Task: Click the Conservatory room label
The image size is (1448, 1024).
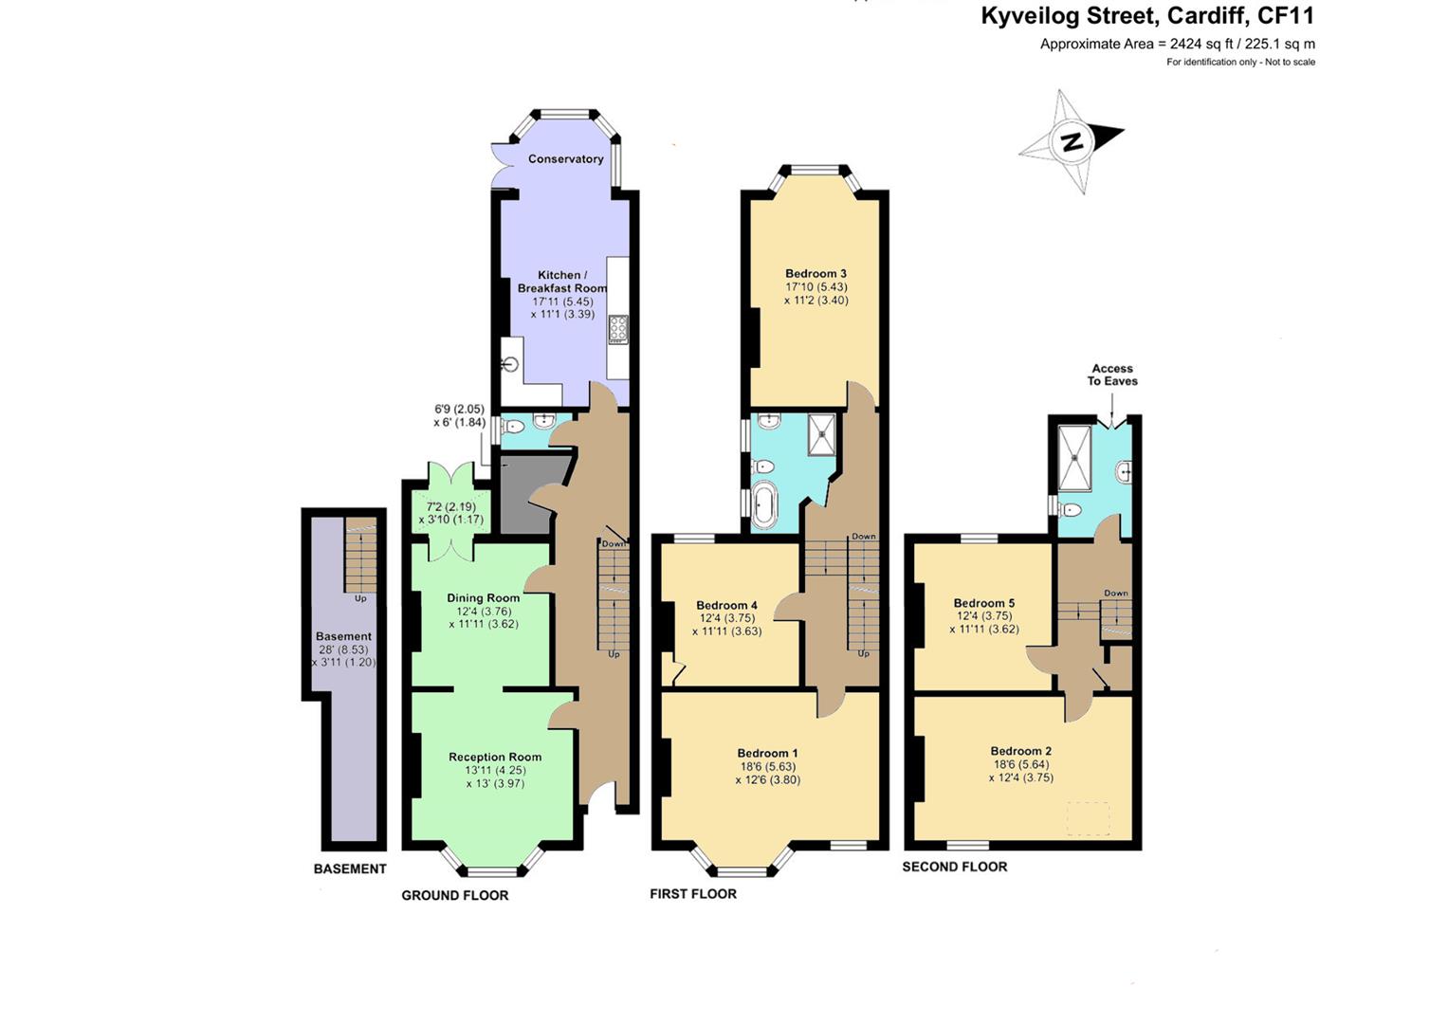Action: pyautogui.click(x=565, y=159)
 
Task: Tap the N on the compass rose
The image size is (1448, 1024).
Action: pyautogui.click(x=1072, y=141)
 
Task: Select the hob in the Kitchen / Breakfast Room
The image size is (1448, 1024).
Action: pyautogui.click(x=618, y=329)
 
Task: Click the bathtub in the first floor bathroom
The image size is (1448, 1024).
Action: pyautogui.click(x=764, y=506)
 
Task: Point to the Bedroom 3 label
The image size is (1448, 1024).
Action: pyautogui.click(x=816, y=273)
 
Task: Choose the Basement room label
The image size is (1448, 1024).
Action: pyautogui.click(x=343, y=637)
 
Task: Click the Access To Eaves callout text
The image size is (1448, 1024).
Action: pyautogui.click(x=1112, y=375)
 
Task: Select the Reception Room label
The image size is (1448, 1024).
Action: pyautogui.click(x=495, y=757)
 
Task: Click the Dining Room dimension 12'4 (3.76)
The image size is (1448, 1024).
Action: pyautogui.click(x=484, y=612)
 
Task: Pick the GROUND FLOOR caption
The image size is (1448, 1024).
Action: pyautogui.click(x=455, y=895)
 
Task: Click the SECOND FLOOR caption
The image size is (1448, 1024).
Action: pyautogui.click(x=955, y=867)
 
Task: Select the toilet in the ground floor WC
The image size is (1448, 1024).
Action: pyautogui.click(x=512, y=427)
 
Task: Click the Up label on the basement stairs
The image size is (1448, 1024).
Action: pyautogui.click(x=360, y=598)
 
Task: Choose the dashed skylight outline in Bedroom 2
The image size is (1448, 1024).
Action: pyautogui.click(x=1088, y=819)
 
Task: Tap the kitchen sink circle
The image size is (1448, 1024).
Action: pyautogui.click(x=511, y=365)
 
